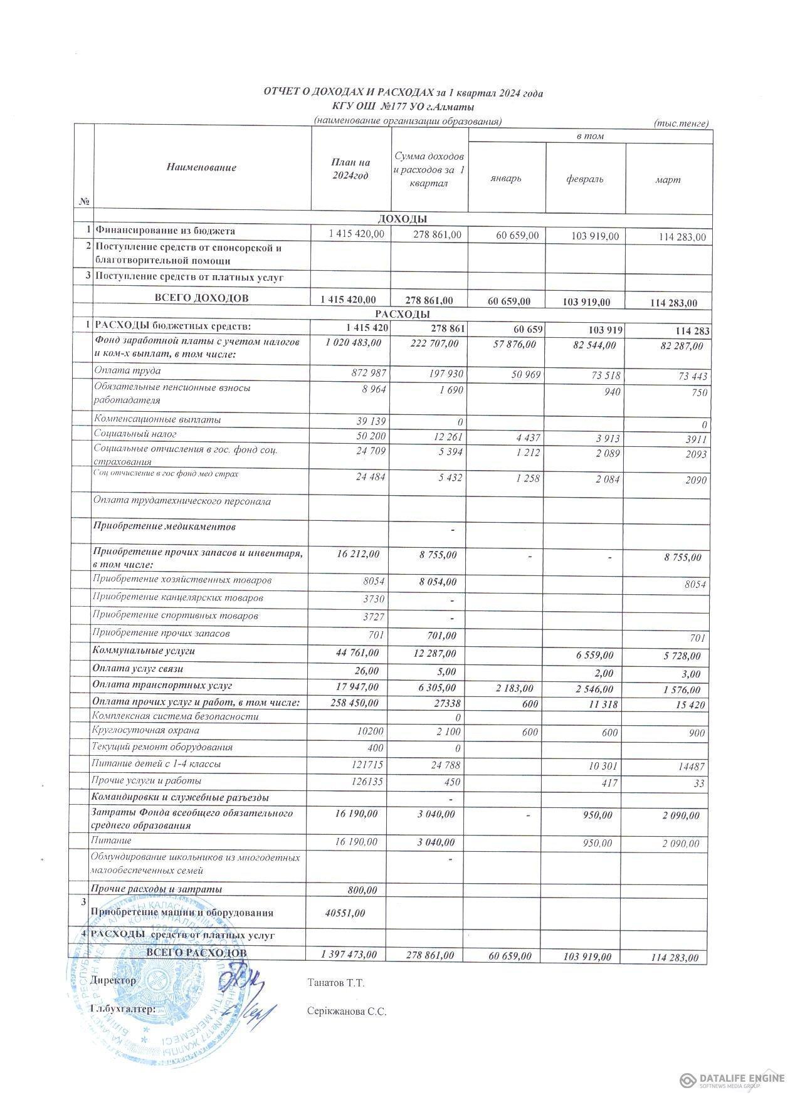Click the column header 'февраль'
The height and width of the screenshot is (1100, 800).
click(x=585, y=179)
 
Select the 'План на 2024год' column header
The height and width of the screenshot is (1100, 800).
click(x=350, y=169)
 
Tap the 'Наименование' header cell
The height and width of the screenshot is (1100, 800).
click(x=202, y=167)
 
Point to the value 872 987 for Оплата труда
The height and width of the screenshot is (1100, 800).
click(x=369, y=374)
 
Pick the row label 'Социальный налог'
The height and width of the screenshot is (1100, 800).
click(x=135, y=434)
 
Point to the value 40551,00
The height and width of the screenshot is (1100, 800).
click(x=345, y=913)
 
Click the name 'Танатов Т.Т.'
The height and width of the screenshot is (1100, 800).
click(x=337, y=983)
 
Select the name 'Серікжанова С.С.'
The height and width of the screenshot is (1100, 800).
click(x=347, y=1011)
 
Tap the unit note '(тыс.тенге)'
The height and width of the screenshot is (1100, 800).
click(x=681, y=123)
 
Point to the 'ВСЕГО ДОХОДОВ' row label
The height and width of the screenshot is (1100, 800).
click(x=201, y=298)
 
